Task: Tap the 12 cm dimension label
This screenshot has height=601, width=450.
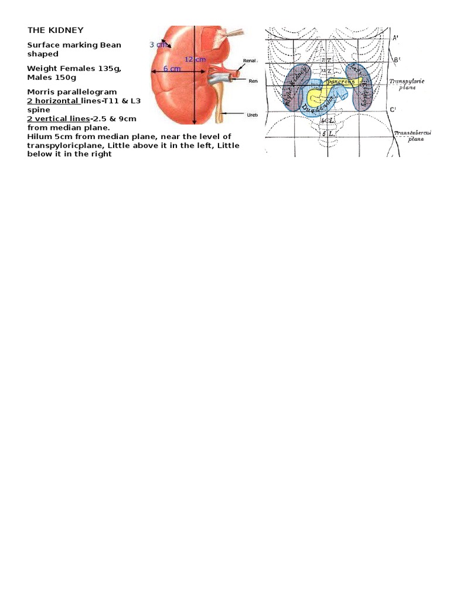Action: tap(195, 59)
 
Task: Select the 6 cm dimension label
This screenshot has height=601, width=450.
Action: tap(172, 69)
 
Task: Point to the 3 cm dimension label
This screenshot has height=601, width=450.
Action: tap(157, 45)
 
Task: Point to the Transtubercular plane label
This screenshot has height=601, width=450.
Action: tap(413, 136)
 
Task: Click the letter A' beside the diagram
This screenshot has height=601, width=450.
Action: tap(396, 38)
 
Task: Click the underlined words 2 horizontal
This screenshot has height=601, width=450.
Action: tap(53, 101)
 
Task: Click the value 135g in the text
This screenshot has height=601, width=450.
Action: tap(107, 69)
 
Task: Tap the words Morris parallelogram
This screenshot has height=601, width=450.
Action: tap(72, 92)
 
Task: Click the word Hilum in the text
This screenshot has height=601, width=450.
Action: tap(38, 136)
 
